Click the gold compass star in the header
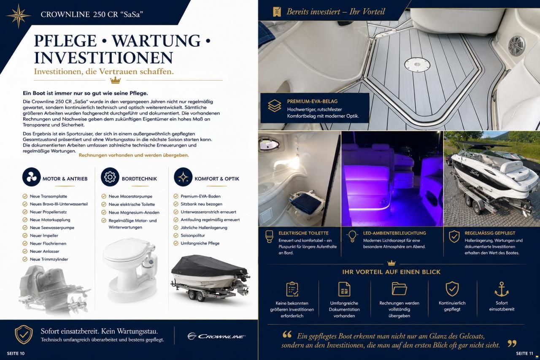(x=19, y=16)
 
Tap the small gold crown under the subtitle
(x=115, y=80)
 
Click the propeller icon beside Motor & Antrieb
(x=31, y=177)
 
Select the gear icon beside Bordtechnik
(x=110, y=177)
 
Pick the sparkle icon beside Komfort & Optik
(x=183, y=177)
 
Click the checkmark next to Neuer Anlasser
(x=25, y=251)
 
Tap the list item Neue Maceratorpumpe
(x=130, y=196)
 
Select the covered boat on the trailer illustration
(x=210, y=277)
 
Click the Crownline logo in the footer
(x=216, y=336)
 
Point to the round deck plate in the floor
(x=417, y=65)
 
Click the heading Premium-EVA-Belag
(x=312, y=102)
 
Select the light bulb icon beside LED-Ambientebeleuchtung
(x=352, y=236)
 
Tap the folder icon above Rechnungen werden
(x=399, y=289)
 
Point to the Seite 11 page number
(x=524, y=354)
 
